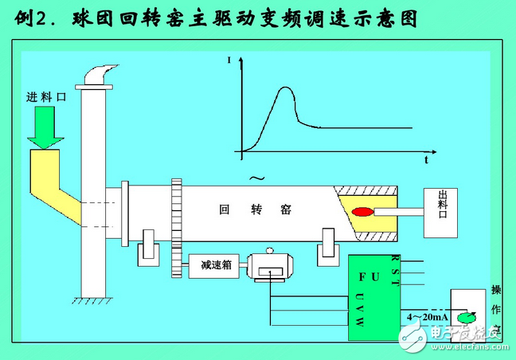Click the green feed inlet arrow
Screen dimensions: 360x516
(45, 129)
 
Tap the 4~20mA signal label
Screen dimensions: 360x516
(428, 317)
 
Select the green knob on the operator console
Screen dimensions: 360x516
(466, 319)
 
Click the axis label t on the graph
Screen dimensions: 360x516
(426, 160)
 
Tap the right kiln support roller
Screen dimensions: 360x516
(327, 248)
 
